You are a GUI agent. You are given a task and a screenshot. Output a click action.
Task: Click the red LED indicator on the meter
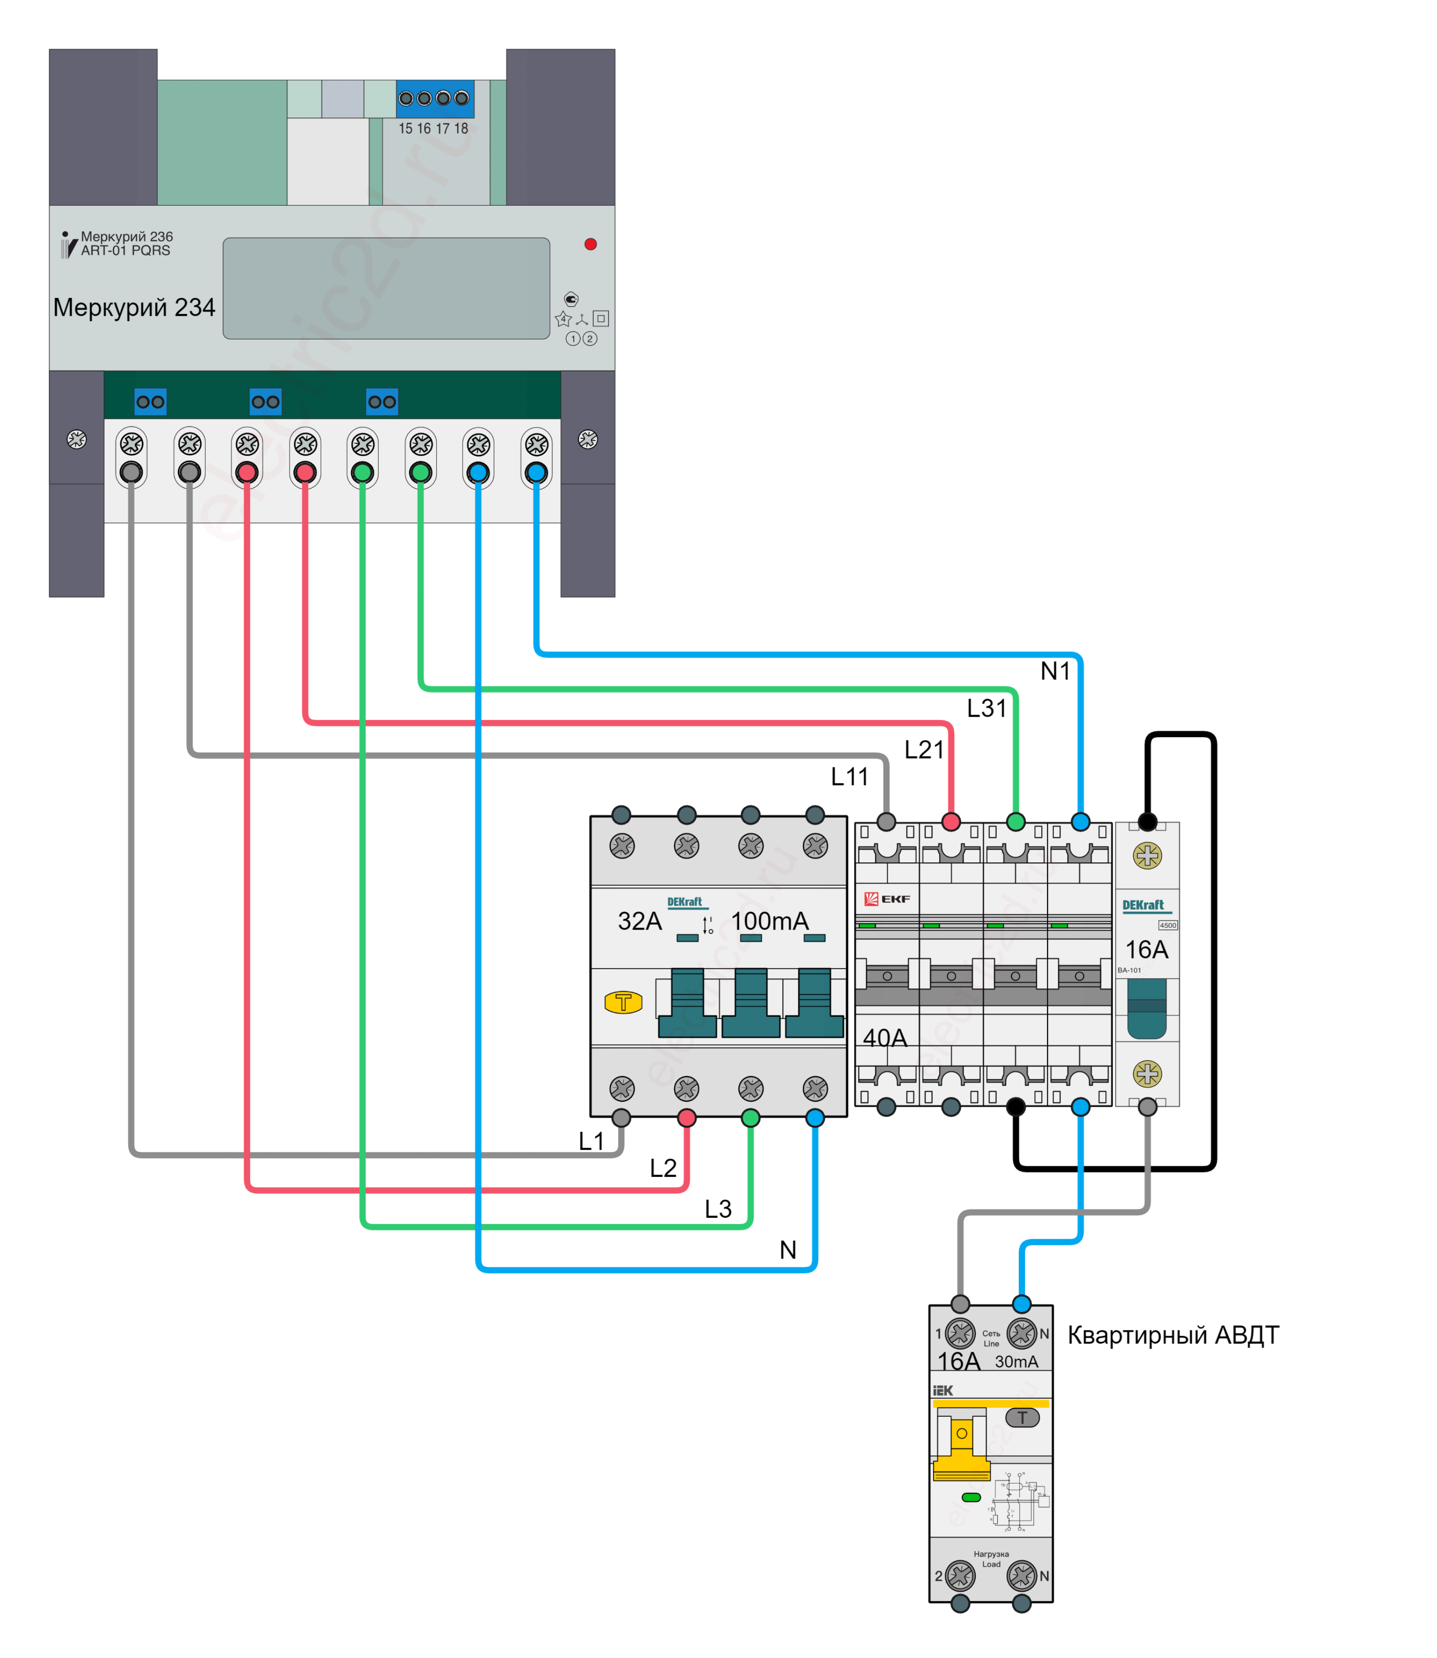(x=590, y=244)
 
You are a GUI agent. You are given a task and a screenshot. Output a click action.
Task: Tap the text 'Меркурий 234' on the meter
(x=134, y=307)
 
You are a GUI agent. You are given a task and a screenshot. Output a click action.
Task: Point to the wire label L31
(x=986, y=708)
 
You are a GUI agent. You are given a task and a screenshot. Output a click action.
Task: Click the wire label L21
(x=924, y=750)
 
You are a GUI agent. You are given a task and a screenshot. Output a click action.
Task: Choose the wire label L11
(x=849, y=777)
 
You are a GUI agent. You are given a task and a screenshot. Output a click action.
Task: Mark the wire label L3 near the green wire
(x=718, y=1209)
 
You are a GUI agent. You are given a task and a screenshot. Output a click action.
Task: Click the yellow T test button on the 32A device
(x=623, y=1002)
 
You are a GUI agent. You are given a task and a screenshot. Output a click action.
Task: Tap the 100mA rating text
(x=770, y=921)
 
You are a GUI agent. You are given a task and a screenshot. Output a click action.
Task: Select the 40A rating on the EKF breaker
(x=885, y=1038)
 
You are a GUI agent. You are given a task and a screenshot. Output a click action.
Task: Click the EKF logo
(x=887, y=899)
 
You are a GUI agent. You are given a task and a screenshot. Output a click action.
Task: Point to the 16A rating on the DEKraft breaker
(x=1146, y=950)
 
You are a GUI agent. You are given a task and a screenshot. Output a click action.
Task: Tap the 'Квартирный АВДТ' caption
(x=1172, y=1335)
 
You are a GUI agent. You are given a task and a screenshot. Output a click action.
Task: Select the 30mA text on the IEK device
(x=1016, y=1361)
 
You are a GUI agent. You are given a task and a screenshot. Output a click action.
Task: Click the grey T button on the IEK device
(x=1022, y=1417)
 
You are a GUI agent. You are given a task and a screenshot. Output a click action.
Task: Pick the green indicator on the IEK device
(x=971, y=1497)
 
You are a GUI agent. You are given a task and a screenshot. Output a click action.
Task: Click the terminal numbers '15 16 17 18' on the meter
(x=433, y=128)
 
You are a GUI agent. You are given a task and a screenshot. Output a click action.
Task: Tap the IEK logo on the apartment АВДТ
(x=943, y=1390)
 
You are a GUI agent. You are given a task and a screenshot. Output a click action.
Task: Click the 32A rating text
(x=639, y=921)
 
